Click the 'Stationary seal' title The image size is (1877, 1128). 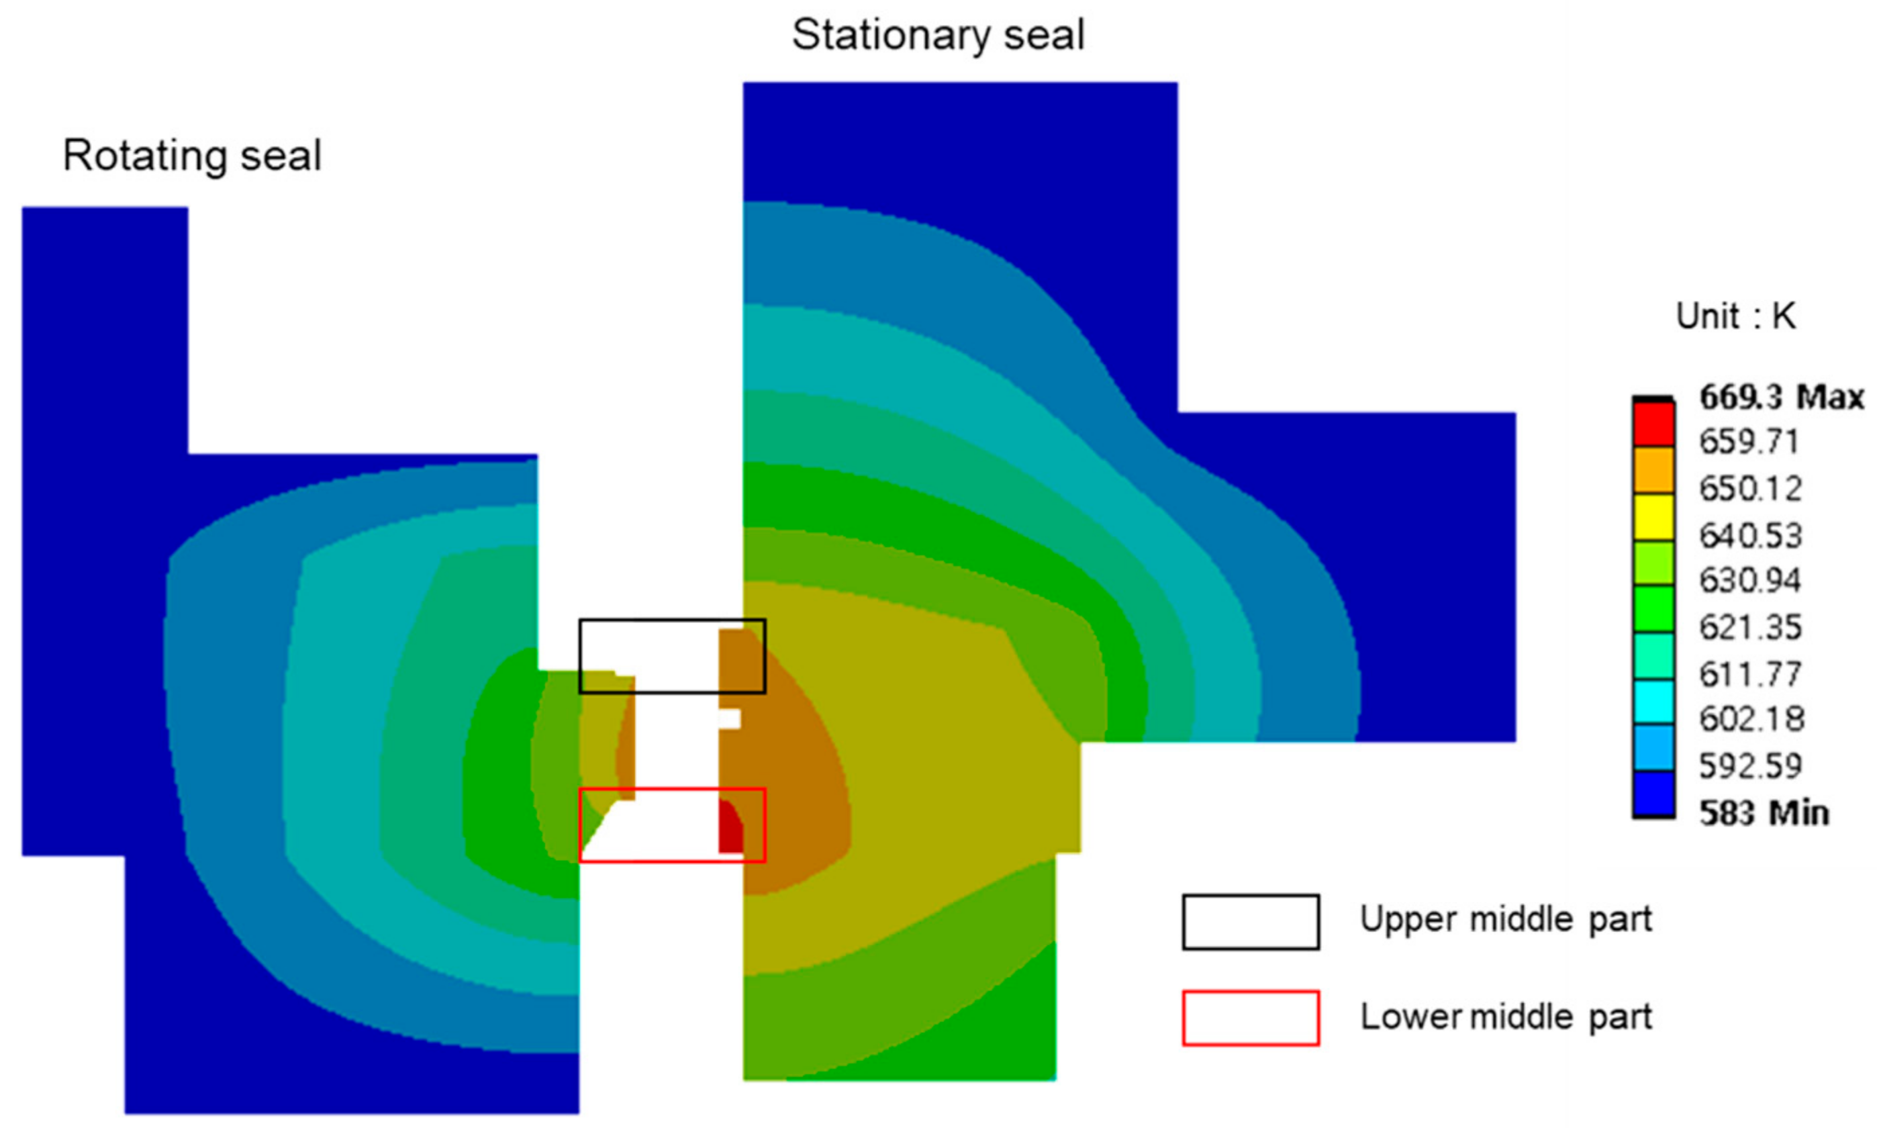[x=938, y=36]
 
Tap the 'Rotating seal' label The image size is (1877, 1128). [x=192, y=156]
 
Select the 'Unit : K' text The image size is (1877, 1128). [x=1737, y=316]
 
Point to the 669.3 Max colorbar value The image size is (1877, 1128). [x=1781, y=397]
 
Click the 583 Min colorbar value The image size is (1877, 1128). [x=1764, y=813]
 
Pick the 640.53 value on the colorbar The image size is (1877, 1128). [x=1751, y=536]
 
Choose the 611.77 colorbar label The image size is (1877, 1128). [x=1751, y=674]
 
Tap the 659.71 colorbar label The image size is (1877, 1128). [x=1749, y=442]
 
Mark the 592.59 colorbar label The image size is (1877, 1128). [x=1751, y=765]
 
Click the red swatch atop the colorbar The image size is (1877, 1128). [x=1653, y=424]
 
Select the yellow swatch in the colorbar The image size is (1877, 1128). [x=1653, y=517]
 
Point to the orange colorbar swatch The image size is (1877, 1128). [x=1653, y=471]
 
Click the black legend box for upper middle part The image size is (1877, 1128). [x=1250, y=922]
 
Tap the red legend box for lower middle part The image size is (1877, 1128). [x=1250, y=1018]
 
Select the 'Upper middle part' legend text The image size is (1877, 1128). [x=1505, y=920]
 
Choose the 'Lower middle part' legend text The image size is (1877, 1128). [x=1505, y=1017]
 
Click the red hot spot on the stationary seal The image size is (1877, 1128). [x=730, y=829]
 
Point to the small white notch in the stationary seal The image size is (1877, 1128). [x=730, y=718]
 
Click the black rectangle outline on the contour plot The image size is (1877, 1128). [x=672, y=620]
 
